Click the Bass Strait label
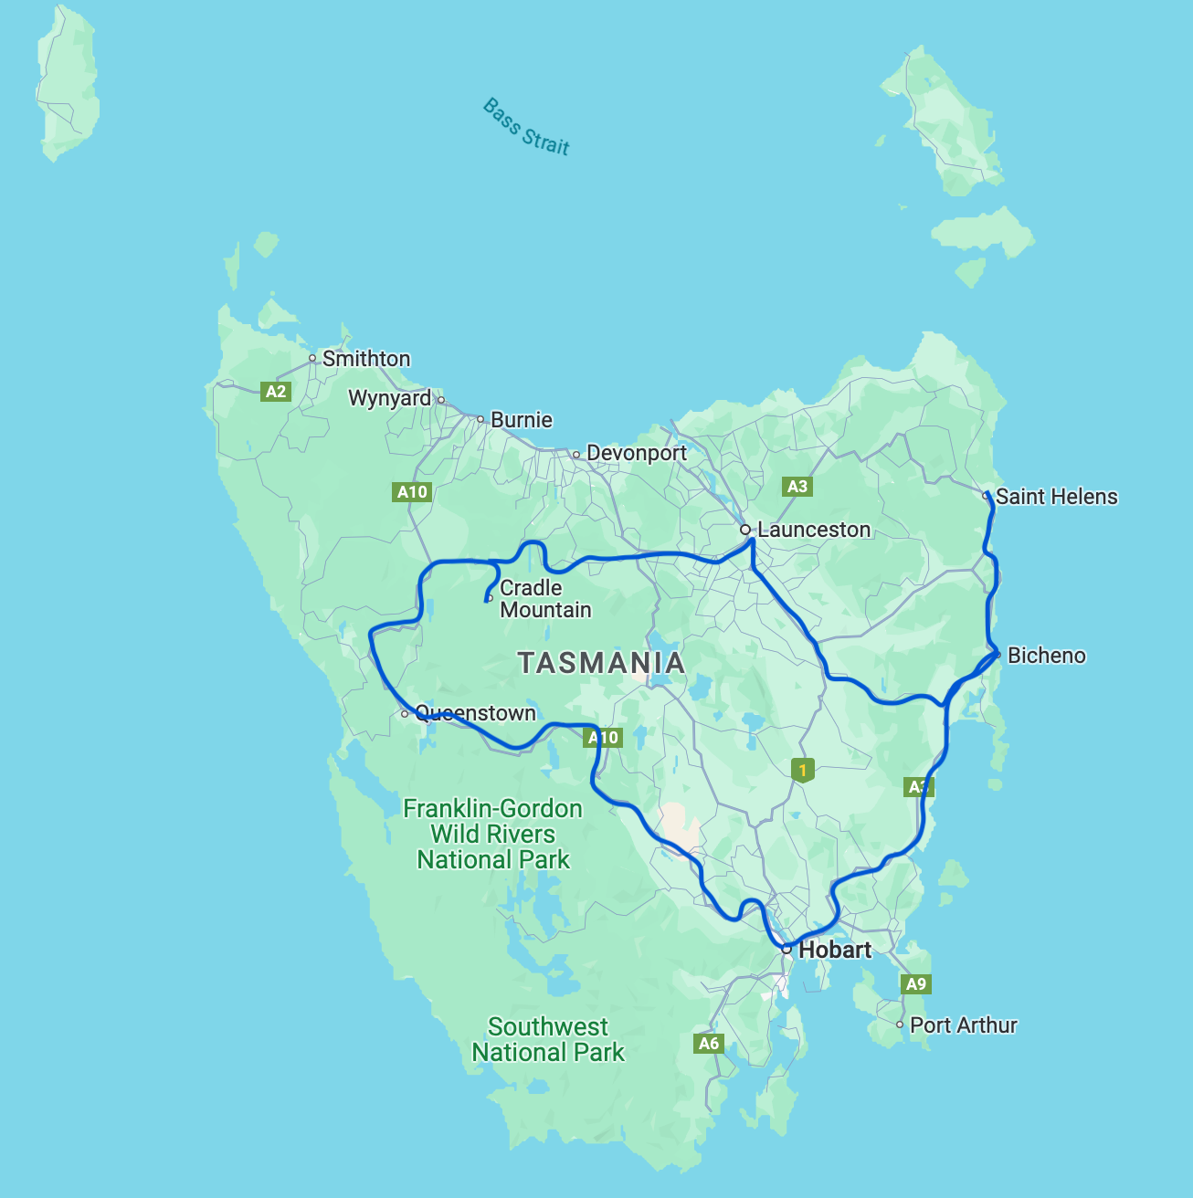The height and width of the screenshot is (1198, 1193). click(526, 128)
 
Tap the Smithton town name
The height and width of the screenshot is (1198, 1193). click(366, 359)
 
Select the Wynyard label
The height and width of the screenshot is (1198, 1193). click(389, 398)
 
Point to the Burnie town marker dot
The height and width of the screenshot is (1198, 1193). click(480, 419)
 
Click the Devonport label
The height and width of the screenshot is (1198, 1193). click(637, 453)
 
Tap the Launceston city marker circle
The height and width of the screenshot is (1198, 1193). click(745, 530)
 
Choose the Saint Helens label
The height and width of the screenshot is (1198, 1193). click(1056, 497)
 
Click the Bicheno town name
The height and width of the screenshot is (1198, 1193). click(1046, 656)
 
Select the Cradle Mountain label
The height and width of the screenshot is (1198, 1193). click(544, 599)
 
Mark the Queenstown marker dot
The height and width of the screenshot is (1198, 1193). click(405, 714)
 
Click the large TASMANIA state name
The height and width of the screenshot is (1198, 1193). click(601, 663)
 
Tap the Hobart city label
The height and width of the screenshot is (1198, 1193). click(834, 950)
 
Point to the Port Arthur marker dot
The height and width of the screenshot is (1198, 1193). click(900, 1025)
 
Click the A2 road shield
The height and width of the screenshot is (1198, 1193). click(275, 392)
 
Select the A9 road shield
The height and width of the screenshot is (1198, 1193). click(915, 983)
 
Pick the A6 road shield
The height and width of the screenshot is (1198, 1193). click(708, 1043)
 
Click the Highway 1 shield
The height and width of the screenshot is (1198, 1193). click(802, 771)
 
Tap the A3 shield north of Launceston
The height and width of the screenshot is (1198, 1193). click(797, 487)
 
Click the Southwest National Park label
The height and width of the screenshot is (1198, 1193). click(547, 1040)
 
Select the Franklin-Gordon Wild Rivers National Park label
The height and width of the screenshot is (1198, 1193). click(493, 835)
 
